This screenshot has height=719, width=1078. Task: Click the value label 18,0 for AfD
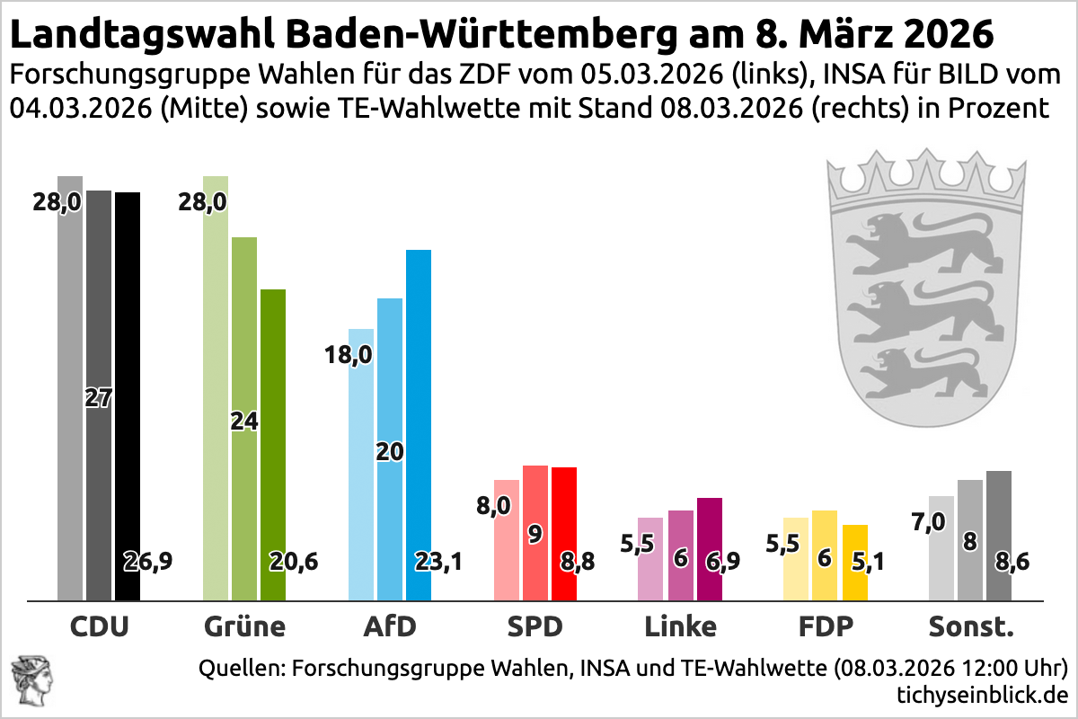pyautogui.click(x=348, y=356)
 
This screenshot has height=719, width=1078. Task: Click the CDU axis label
pyautogui.click(x=100, y=626)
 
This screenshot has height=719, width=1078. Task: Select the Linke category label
pyautogui.click(x=681, y=626)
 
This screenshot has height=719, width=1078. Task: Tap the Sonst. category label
pyautogui.click(x=971, y=626)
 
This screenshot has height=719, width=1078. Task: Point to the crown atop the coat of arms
pyautogui.click(x=925, y=175)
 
